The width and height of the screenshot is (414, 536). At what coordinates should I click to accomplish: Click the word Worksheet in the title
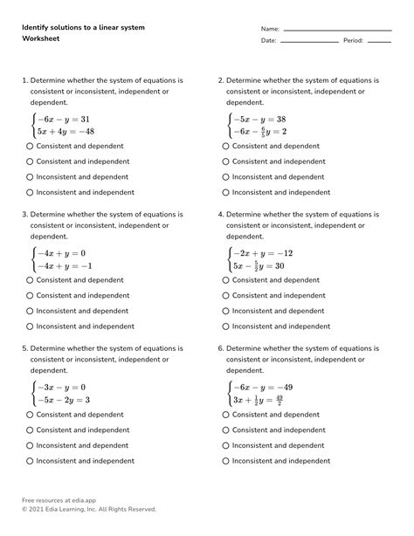[43, 40]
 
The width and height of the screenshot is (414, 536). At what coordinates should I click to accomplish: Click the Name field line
[336, 30]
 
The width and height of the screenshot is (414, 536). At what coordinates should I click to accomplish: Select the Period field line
[378, 41]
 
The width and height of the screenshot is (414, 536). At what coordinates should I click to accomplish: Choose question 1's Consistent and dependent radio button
[31, 146]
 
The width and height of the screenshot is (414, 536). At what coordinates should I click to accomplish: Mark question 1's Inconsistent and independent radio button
[31, 192]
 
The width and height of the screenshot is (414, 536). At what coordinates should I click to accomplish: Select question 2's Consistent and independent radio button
[226, 161]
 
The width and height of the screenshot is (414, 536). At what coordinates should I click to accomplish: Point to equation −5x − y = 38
[260, 118]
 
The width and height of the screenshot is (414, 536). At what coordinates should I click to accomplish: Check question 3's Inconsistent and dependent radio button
[31, 311]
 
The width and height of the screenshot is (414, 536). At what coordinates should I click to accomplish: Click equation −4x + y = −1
[64, 265]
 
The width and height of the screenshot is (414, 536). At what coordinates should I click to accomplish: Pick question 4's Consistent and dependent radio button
[226, 280]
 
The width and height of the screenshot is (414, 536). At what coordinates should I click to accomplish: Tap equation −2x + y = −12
[261, 252]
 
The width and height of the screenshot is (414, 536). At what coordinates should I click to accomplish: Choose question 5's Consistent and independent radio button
[31, 429]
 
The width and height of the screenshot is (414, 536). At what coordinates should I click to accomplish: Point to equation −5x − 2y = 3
[64, 400]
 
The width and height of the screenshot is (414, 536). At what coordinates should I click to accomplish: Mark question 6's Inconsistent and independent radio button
[226, 461]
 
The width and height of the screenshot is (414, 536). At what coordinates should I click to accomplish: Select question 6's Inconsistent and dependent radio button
[226, 445]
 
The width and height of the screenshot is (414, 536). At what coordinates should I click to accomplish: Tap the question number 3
[24, 213]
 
